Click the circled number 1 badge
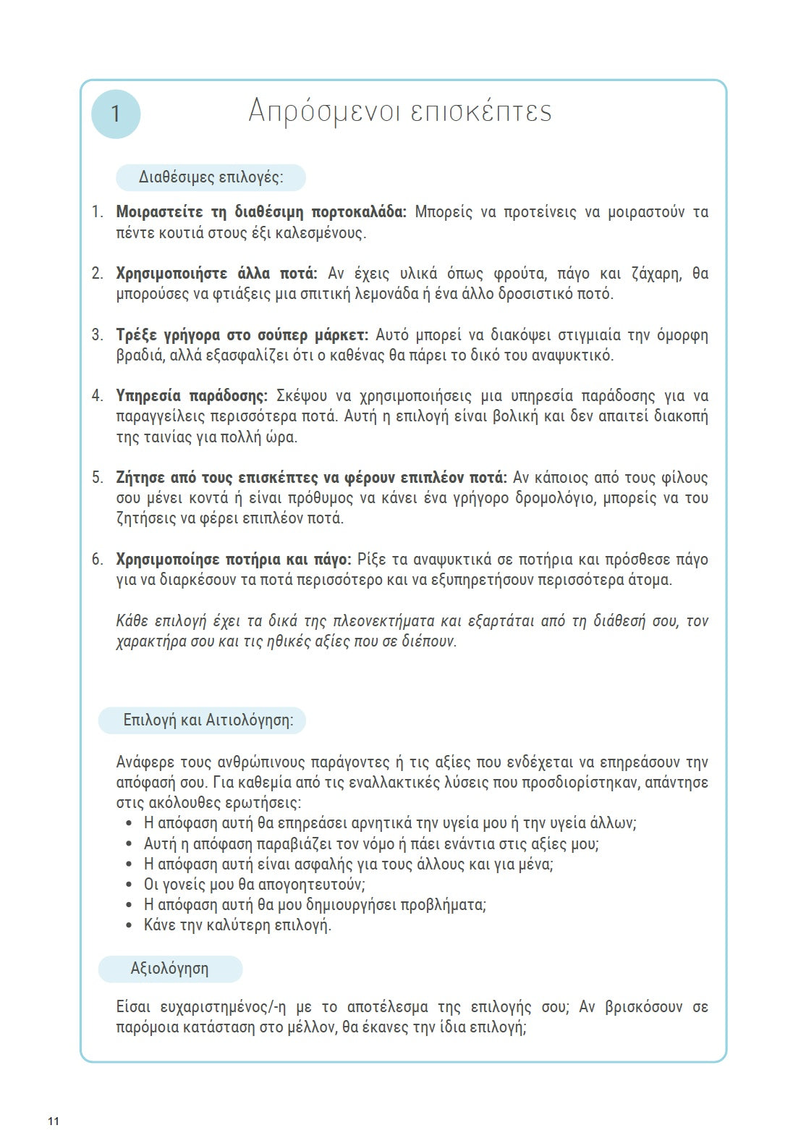pos(116,114)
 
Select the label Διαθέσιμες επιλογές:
pos(211,177)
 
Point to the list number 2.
pos(97,274)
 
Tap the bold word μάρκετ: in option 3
pos(342,335)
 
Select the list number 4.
pos(97,396)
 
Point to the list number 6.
pos(97,560)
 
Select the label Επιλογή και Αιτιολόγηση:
pos(208,720)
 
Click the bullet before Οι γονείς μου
pos(129,885)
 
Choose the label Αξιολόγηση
pos(169,969)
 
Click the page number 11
pos(54,1121)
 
